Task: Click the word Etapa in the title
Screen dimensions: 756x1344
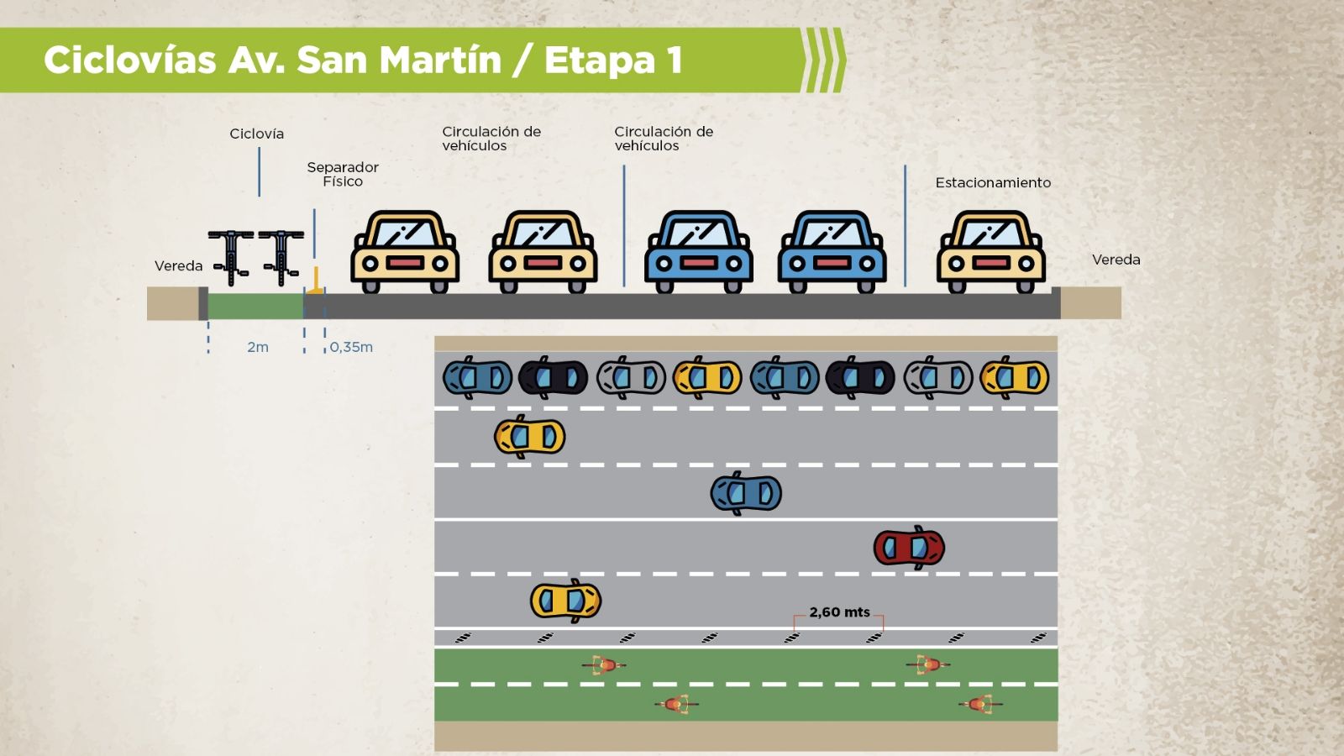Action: coord(599,60)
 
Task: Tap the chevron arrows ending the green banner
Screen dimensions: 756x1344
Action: coord(824,60)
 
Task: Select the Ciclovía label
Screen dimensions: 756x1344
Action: coord(256,134)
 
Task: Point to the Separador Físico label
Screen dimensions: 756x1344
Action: coord(343,174)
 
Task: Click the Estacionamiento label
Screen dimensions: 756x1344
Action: coord(993,182)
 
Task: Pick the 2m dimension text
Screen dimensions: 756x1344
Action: coord(258,347)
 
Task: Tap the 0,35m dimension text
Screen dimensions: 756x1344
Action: coord(351,347)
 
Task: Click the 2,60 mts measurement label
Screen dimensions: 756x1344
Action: coord(839,612)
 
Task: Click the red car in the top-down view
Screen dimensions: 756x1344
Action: coord(909,548)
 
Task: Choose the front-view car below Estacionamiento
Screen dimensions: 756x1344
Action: coord(991,251)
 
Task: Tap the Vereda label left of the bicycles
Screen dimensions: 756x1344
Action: coord(178,265)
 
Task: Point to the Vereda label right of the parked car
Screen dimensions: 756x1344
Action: coord(1116,260)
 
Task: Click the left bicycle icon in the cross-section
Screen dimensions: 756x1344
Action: coord(231,256)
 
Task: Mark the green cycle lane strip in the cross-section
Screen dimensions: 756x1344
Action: coord(255,306)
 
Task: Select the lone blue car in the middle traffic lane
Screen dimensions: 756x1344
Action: coord(746,493)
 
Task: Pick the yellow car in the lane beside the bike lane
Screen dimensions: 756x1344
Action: coord(565,601)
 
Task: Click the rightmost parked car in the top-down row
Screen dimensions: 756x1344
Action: coord(1015,378)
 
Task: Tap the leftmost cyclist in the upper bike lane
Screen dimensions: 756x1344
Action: coord(604,665)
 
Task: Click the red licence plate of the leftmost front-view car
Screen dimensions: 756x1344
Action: coord(405,263)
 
